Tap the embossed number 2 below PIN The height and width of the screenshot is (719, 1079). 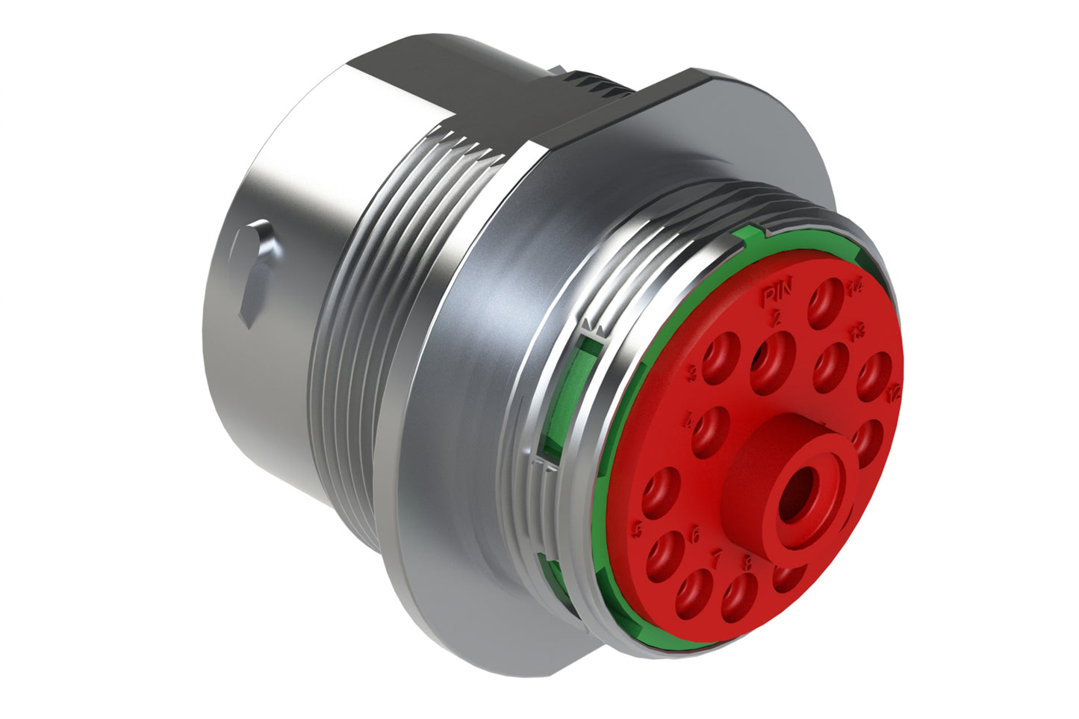pyautogui.click(x=777, y=319)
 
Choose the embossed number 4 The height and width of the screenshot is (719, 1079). pyautogui.click(x=689, y=423)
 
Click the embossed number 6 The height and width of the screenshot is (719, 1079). pyautogui.click(x=694, y=535)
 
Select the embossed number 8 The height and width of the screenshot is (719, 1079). pyautogui.click(x=747, y=562)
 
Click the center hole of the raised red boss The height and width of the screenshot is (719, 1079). pyautogui.click(x=795, y=501)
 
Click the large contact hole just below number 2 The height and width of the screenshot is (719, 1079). pyautogui.click(x=772, y=361)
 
